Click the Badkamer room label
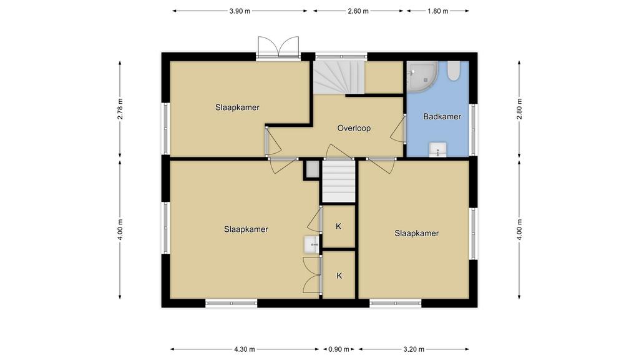coord(442,116)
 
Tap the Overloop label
coord(354,128)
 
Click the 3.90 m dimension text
coord(240,11)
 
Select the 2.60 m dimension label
coord(358,11)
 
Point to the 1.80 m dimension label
coord(437,11)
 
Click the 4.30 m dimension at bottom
coord(245,349)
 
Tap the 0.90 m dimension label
coord(339,349)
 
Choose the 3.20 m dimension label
coord(414,349)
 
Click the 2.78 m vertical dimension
coord(120,109)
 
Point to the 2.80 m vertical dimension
coord(519,109)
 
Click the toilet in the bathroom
coord(453,71)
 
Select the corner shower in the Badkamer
coord(422,76)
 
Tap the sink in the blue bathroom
coord(437,149)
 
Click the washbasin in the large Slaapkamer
coord(312,244)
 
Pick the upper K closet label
coord(338,226)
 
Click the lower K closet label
coord(339,276)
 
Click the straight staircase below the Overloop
coord(339,181)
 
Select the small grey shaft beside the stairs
coord(313,169)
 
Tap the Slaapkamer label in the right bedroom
coord(416,234)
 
